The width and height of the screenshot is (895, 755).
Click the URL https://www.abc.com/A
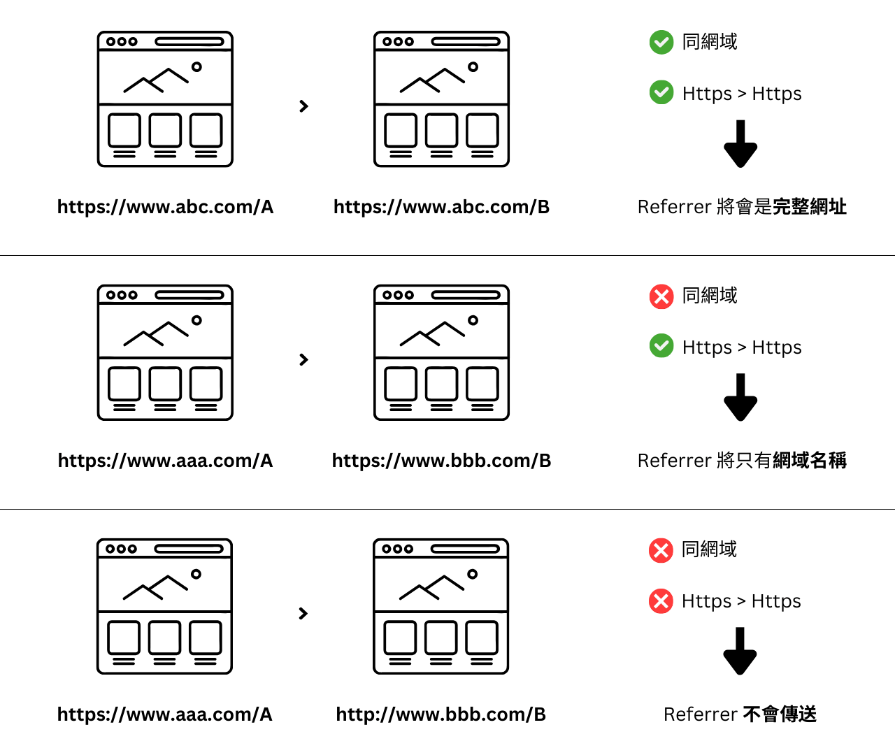pos(166,207)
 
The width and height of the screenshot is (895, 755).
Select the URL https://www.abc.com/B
pos(441,207)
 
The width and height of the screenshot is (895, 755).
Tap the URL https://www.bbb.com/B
pos(441,461)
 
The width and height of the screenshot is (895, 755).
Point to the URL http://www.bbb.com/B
pos(441,714)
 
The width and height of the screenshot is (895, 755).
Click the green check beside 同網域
pos(661,42)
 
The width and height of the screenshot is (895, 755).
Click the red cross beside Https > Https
pos(661,601)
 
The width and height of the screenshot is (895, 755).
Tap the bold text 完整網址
pos(809,206)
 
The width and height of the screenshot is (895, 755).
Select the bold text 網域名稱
pos(809,460)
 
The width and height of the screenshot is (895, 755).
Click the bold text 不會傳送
pos(780,714)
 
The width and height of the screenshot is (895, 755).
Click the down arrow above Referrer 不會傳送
pos(740,651)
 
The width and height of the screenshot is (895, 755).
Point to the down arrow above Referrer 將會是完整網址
pos(740,143)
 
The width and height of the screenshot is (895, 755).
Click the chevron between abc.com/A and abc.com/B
pos(304,106)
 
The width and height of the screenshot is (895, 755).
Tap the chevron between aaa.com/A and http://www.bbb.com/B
pos(303,613)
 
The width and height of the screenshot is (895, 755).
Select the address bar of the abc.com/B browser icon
pos(466,41)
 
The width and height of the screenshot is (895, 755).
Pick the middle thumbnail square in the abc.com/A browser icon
pos(165,130)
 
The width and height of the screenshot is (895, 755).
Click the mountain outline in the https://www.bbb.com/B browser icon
pos(432,333)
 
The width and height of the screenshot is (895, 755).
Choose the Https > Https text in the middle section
pos(742,347)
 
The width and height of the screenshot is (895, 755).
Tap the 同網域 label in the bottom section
pos(710,549)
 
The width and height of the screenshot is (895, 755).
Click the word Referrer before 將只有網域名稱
pos(675,461)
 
